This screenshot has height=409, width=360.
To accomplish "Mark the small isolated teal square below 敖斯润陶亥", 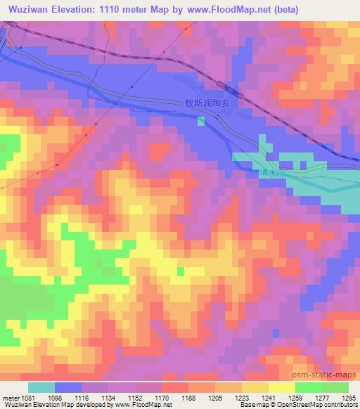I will (201, 122).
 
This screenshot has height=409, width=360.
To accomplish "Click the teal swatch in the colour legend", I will (41, 387).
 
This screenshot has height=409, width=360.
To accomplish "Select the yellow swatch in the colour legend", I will (281, 387).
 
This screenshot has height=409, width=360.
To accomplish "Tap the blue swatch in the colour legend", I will (68, 387).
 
